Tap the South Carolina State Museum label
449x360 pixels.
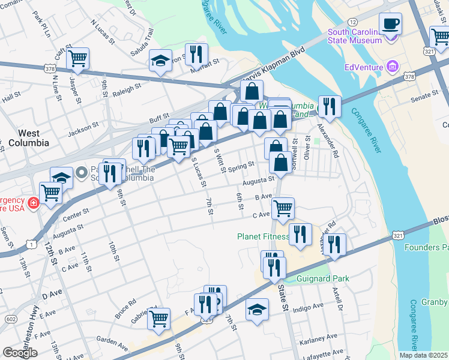coord(354,36)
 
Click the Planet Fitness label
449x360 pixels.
coord(263,236)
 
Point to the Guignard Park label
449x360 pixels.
coord(323,279)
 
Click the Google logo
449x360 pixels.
coord(20,353)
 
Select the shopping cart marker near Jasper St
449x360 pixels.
coord(77,59)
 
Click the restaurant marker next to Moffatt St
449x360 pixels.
coord(196,55)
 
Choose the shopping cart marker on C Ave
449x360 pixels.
coord(283,209)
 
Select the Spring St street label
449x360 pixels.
coord(241,164)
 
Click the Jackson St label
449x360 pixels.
coord(83,128)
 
